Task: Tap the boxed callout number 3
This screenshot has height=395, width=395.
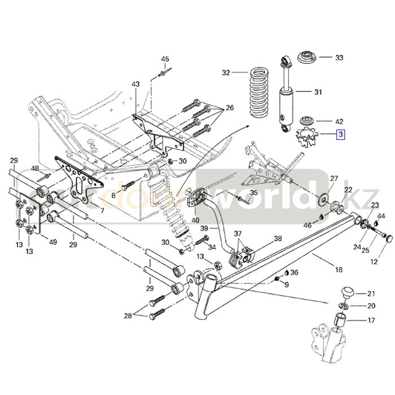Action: pos(340,134)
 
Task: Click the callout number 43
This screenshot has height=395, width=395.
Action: pos(135,84)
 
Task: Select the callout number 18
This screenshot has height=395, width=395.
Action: pos(339,270)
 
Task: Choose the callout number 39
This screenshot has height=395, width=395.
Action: pos(205,227)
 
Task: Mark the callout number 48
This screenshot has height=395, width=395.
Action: pos(35,168)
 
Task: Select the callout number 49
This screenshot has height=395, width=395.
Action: pos(53,242)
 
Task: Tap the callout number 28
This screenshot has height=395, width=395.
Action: pos(129,315)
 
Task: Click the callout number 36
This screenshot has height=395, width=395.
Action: pos(294,273)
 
